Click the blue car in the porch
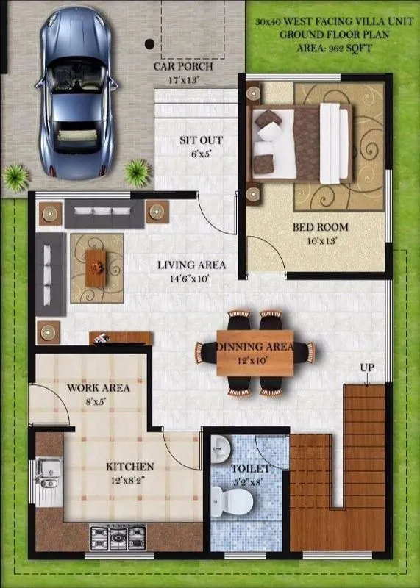(76, 91)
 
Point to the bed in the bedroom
(301, 143)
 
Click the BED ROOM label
(321, 227)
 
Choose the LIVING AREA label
(191, 265)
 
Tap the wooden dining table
(255, 353)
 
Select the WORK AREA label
(99, 387)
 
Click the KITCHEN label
(130, 467)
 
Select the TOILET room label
(249, 468)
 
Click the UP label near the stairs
(368, 367)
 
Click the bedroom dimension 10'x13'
(321, 240)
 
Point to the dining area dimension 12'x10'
(255, 360)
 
